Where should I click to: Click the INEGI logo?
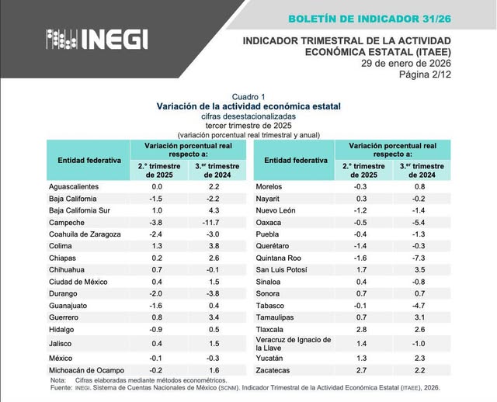point(96,39)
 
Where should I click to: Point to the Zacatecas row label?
point(275,370)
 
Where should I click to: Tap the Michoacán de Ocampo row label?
point(86,370)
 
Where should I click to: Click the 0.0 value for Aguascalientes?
point(157,187)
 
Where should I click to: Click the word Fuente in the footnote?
point(61,387)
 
